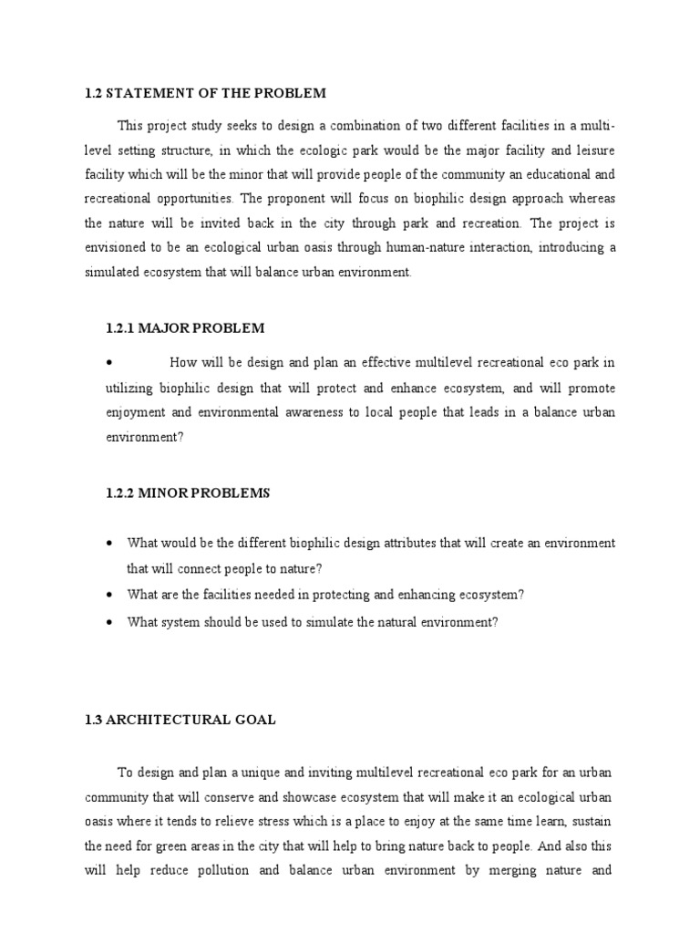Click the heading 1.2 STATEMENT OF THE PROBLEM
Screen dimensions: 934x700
click(x=204, y=94)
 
